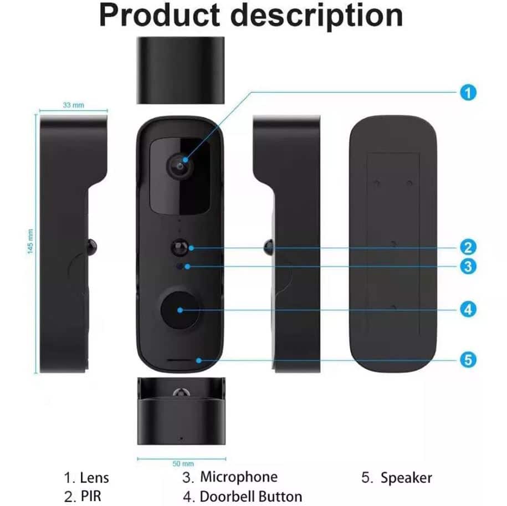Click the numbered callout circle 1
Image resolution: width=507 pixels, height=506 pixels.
468,92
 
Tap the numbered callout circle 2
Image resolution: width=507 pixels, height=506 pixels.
468,247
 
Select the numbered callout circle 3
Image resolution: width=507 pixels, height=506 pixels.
468,266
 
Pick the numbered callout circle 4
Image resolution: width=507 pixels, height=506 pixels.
468,309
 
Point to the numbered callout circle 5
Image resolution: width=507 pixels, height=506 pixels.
468,360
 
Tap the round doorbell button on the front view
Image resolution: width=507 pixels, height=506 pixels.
180,309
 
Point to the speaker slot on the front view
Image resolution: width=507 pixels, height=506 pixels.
181,360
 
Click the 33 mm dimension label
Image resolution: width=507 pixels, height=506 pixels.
73,105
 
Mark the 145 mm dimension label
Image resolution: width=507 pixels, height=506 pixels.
30,242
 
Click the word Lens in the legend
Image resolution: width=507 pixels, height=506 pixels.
94,478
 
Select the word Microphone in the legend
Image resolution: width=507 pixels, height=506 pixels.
239,477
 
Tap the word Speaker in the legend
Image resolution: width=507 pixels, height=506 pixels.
406,477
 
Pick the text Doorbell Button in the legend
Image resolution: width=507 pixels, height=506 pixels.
250,496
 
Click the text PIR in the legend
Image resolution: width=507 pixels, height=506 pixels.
91,496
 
